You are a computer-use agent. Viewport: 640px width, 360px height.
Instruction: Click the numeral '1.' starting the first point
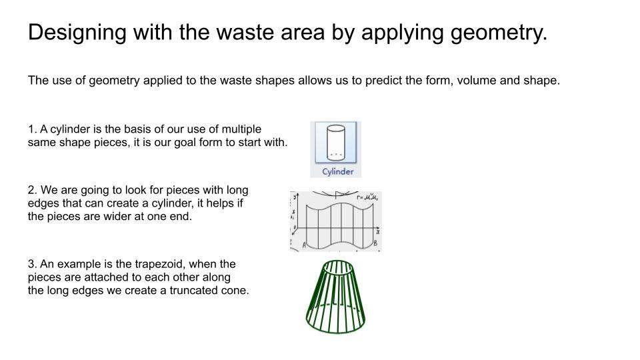tap(33, 129)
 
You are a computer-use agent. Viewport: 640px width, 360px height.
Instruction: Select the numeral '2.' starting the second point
tap(33, 190)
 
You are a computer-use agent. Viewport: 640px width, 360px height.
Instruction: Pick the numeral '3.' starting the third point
tap(33, 265)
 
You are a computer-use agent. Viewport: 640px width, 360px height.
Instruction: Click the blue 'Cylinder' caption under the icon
tap(337, 171)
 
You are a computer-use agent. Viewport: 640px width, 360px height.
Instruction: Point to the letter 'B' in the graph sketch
tap(375, 244)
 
